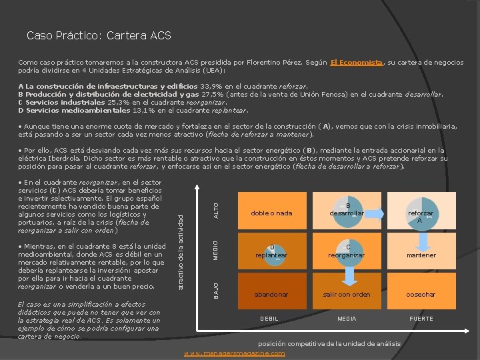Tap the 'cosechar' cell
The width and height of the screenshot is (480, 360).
[x=421, y=294]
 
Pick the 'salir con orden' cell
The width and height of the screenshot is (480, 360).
[x=346, y=294]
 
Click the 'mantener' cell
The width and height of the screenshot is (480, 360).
[x=421, y=255]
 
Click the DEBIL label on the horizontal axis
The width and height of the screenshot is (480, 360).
[x=269, y=319]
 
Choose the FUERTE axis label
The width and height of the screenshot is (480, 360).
[x=421, y=319]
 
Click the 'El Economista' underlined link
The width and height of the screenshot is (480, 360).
[x=356, y=63]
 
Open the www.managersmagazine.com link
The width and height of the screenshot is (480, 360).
[x=234, y=353]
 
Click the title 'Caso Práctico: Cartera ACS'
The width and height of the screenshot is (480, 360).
[x=99, y=35]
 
